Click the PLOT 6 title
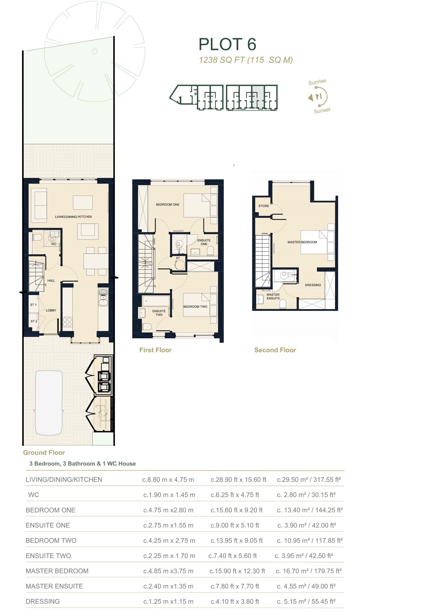(227, 45)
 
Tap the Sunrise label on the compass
(317, 82)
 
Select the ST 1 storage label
(33, 305)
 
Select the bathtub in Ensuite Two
(156, 301)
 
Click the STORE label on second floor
(264, 206)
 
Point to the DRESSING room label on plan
(313, 285)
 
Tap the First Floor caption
(155, 350)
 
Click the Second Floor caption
(275, 350)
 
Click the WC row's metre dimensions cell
(169, 495)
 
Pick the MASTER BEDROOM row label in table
(57, 571)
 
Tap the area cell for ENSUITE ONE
(307, 525)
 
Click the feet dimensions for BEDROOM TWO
(236, 541)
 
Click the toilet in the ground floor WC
(37, 237)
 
